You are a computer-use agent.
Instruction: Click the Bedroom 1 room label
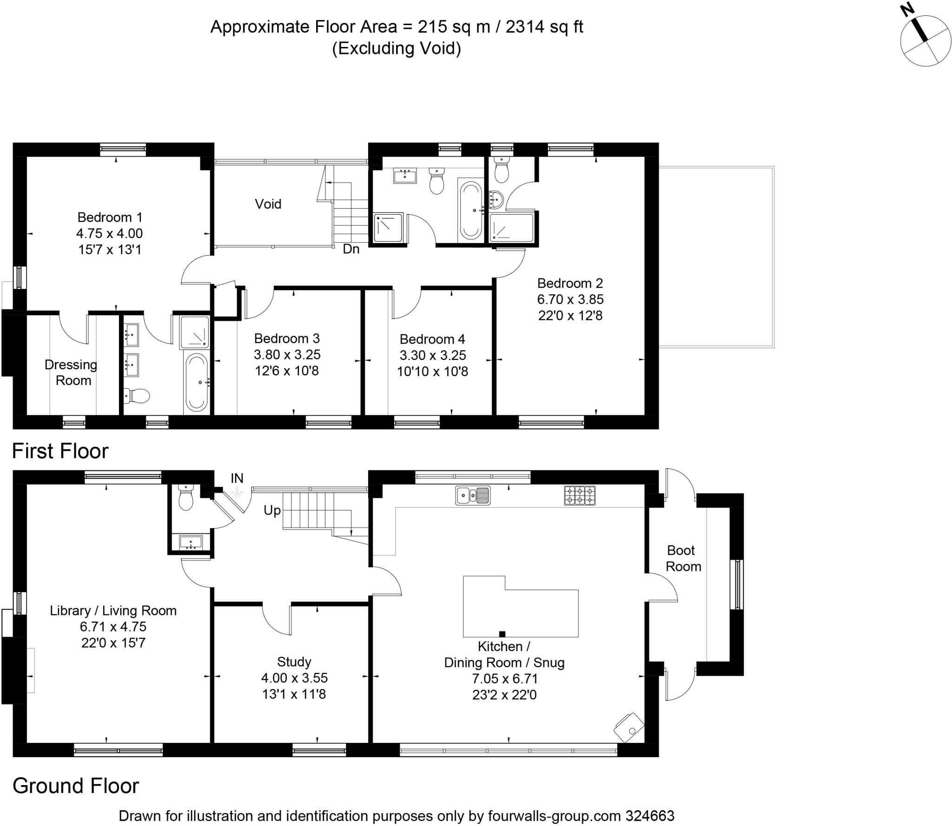coord(110,217)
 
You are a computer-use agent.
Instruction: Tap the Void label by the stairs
coord(268,204)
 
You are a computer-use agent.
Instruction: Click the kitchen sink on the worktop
coord(473,495)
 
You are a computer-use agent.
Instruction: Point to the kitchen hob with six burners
coord(579,495)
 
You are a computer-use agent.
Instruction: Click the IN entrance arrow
coord(237,492)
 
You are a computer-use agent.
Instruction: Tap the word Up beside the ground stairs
coord(272,510)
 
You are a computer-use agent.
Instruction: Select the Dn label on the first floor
coord(351,249)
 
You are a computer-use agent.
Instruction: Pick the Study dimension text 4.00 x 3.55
coord(294,678)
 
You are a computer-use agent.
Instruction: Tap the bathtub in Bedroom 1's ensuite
coord(196,383)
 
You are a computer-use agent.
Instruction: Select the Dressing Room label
coord(71,372)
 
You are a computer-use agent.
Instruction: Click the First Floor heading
coord(60,451)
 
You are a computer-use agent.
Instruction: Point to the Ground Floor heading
coord(75,786)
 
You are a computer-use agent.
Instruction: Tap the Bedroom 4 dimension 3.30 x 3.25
coord(432,355)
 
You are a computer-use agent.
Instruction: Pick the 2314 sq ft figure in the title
coord(544,27)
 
